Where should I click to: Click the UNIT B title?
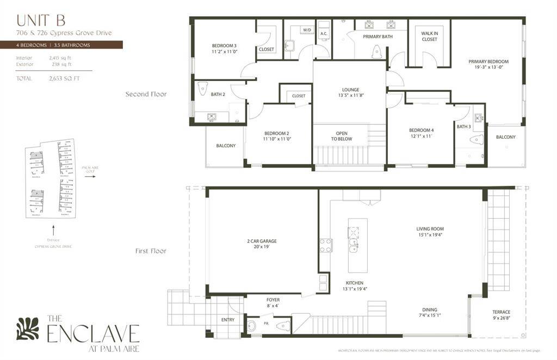pos(41,21)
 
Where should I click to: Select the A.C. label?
pos(323,33)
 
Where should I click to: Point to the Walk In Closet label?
pos(429,36)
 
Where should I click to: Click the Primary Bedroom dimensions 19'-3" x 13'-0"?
pos(488,68)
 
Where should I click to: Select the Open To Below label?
pos(341,135)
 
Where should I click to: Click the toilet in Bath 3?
pos(476,140)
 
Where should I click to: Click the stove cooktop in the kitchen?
pos(326,245)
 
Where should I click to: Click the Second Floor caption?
pos(146,94)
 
